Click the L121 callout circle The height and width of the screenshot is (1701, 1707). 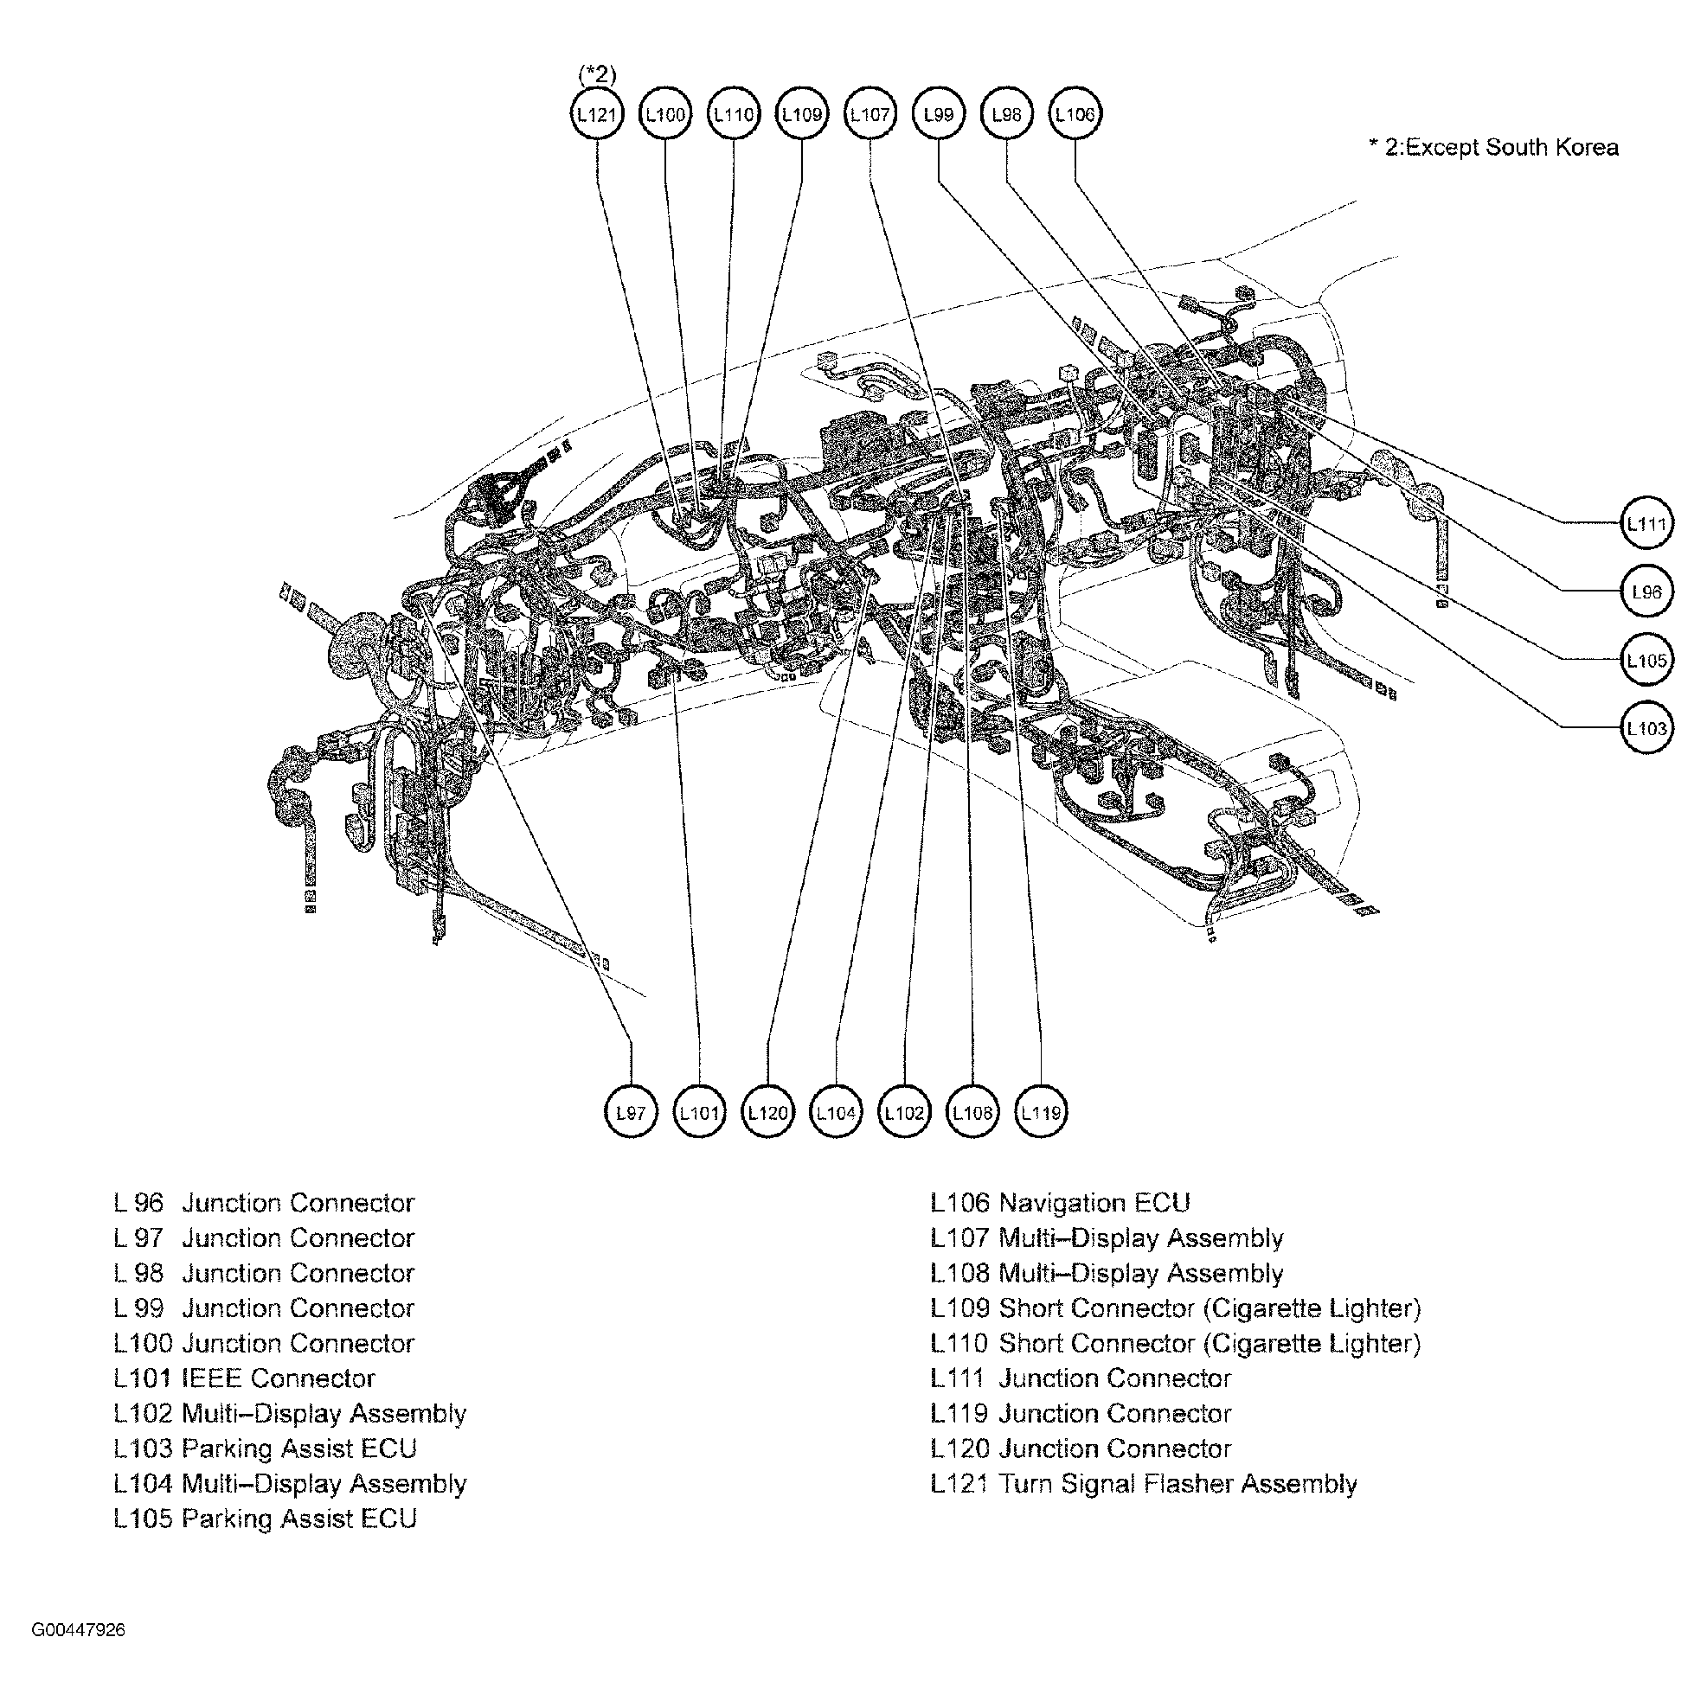point(596,114)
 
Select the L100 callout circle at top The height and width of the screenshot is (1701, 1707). point(664,114)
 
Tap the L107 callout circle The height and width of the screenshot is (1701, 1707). point(870,114)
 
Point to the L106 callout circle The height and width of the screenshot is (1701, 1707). point(1075,114)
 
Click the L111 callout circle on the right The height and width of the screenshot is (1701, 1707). point(1647,524)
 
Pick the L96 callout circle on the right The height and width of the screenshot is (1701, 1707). point(1647,592)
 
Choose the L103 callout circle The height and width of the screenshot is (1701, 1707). point(1647,729)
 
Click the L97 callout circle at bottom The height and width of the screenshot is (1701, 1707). point(631,1113)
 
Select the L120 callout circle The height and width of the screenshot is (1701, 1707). point(767,1113)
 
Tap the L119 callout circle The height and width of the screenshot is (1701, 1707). point(1041,1113)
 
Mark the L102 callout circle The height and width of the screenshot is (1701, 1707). point(904,1113)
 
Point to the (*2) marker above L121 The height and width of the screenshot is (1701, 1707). point(597,74)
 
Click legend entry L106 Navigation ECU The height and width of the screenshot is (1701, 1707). point(1060,1203)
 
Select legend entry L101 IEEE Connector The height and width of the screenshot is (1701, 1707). point(245,1378)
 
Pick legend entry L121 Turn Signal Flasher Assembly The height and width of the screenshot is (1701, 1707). point(1143,1484)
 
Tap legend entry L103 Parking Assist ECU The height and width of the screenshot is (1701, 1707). point(265,1448)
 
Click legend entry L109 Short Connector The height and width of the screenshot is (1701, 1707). point(1175,1308)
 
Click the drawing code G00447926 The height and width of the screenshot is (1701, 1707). point(79,1630)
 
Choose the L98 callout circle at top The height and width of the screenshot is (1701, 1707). point(1006,114)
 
